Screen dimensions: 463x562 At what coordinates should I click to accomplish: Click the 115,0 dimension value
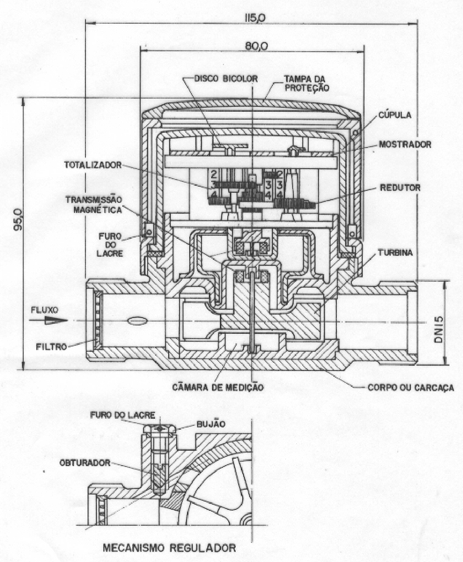point(254,18)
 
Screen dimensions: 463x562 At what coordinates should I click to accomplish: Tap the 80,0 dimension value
point(257,46)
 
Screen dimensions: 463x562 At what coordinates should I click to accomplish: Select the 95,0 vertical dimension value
point(18,220)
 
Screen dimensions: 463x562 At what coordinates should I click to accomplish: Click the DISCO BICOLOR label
point(226,78)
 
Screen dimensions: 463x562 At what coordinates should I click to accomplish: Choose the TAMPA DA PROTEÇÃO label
point(307,83)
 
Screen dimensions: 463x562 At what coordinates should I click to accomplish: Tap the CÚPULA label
point(395,115)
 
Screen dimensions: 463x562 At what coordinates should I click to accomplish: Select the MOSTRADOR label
point(405,144)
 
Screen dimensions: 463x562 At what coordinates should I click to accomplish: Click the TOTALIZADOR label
point(93,165)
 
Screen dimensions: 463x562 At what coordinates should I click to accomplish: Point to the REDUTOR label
point(400,187)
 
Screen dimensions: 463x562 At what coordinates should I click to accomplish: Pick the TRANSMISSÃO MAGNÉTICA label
point(94,205)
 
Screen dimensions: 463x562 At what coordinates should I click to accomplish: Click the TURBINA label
point(395,253)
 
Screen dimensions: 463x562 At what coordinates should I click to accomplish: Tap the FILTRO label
point(51,346)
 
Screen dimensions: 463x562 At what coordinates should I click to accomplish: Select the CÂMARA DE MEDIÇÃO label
point(218,388)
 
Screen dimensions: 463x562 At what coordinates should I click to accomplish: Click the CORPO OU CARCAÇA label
point(411,388)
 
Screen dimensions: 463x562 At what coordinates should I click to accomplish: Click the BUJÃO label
point(211,424)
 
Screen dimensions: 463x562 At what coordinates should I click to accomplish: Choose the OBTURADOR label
point(85,463)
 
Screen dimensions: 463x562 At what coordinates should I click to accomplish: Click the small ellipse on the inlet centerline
point(137,321)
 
